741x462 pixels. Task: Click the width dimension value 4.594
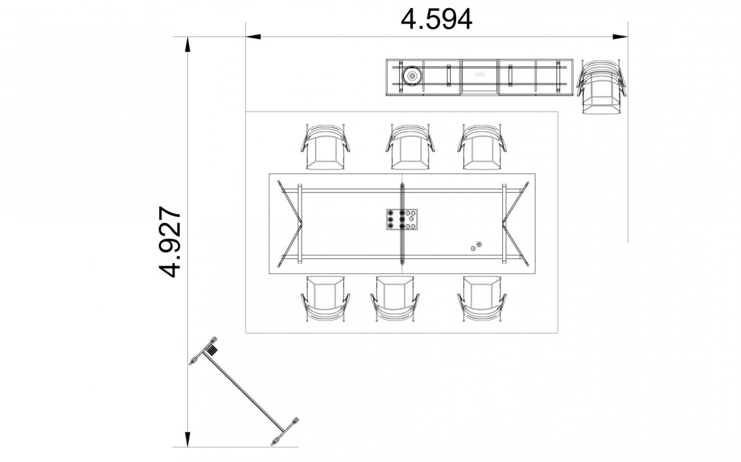click(x=436, y=19)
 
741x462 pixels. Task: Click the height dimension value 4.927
click(x=171, y=242)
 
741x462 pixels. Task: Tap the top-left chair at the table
click(x=326, y=148)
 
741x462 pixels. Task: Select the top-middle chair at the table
click(x=408, y=148)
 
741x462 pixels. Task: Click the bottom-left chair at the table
click(x=326, y=298)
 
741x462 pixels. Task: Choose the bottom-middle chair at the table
click(x=395, y=298)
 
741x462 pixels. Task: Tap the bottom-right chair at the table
click(x=482, y=298)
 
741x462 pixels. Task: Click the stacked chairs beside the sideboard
click(x=603, y=87)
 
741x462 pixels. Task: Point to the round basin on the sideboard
click(x=412, y=75)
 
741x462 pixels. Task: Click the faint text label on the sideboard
click(x=480, y=75)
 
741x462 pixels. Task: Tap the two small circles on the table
click(x=475, y=246)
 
